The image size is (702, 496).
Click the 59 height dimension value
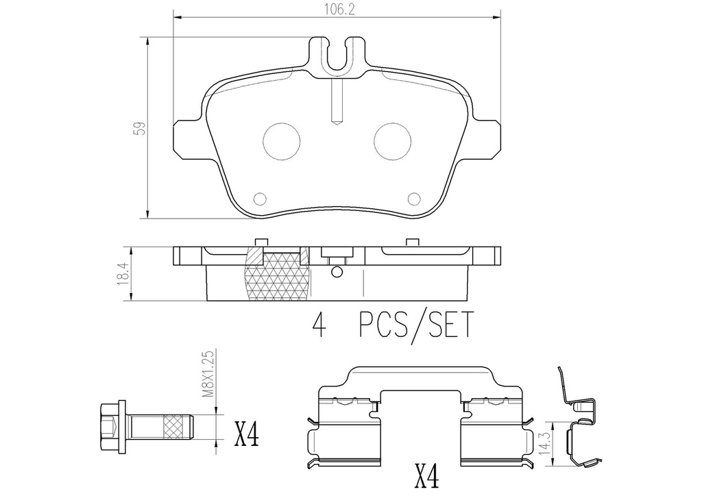pyautogui.click(x=140, y=128)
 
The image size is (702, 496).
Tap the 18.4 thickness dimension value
pyautogui.click(x=123, y=273)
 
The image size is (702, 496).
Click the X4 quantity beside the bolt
pyautogui.click(x=247, y=434)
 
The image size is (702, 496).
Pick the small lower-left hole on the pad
pyautogui.click(x=259, y=199)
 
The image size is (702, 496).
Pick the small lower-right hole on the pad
pyautogui.click(x=413, y=199)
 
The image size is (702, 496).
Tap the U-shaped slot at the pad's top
pyautogui.click(x=336, y=56)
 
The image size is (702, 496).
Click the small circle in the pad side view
pyautogui.click(x=336, y=272)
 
